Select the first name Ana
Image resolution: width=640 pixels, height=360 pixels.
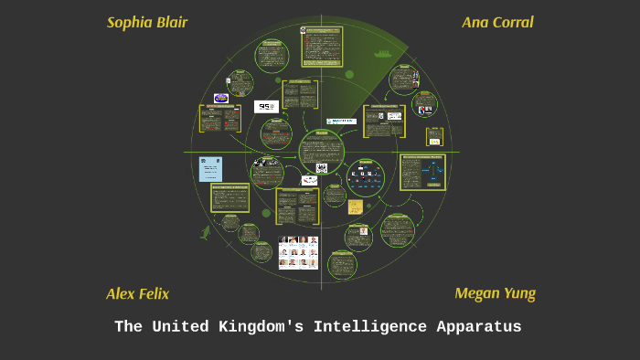[475, 23]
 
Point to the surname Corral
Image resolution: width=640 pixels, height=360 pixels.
[513, 23]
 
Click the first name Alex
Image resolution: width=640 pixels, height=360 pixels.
[121, 294]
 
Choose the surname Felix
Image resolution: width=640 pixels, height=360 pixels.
[154, 294]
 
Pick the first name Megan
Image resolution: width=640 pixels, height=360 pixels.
[476, 293]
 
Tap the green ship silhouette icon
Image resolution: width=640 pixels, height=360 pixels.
[383, 54]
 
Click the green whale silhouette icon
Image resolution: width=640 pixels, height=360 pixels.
[206, 233]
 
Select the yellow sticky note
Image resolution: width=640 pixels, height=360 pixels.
[355, 206]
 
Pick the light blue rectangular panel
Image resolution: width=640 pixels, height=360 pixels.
[210, 169]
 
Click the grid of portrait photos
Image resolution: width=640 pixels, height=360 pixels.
[298, 252]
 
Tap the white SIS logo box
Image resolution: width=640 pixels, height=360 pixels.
[266, 107]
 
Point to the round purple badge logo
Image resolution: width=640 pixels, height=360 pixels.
[220, 98]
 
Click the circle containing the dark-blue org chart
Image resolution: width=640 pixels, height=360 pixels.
[366, 177]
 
